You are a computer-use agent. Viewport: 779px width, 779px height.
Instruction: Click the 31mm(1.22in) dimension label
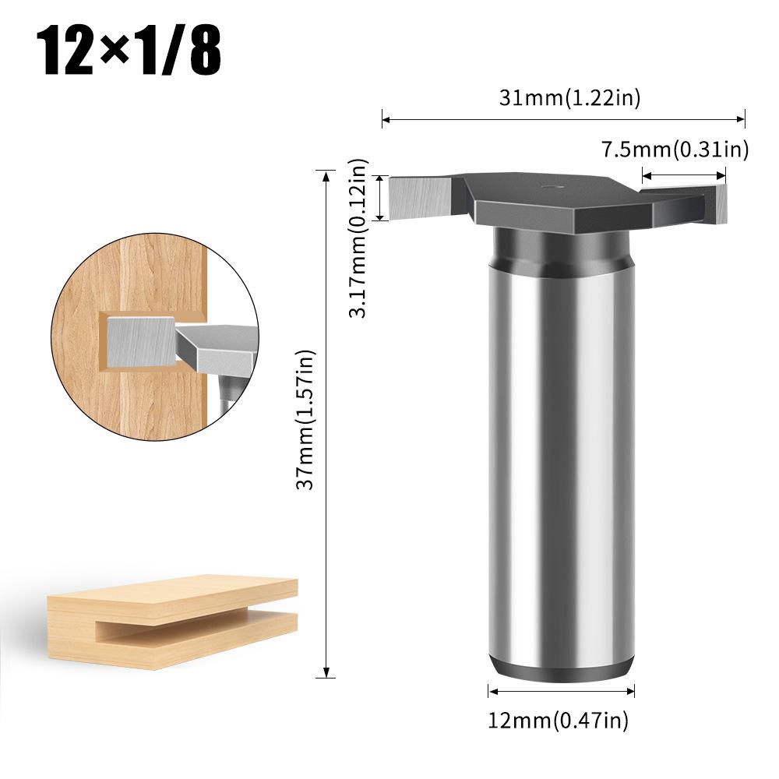pyautogui.click(x=570, y=99)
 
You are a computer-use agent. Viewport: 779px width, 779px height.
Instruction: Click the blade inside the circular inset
pyautogui.click(x=140, y=341)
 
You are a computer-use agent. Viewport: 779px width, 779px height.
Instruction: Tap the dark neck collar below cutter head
pyautogui.click(x=561, y=248)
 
